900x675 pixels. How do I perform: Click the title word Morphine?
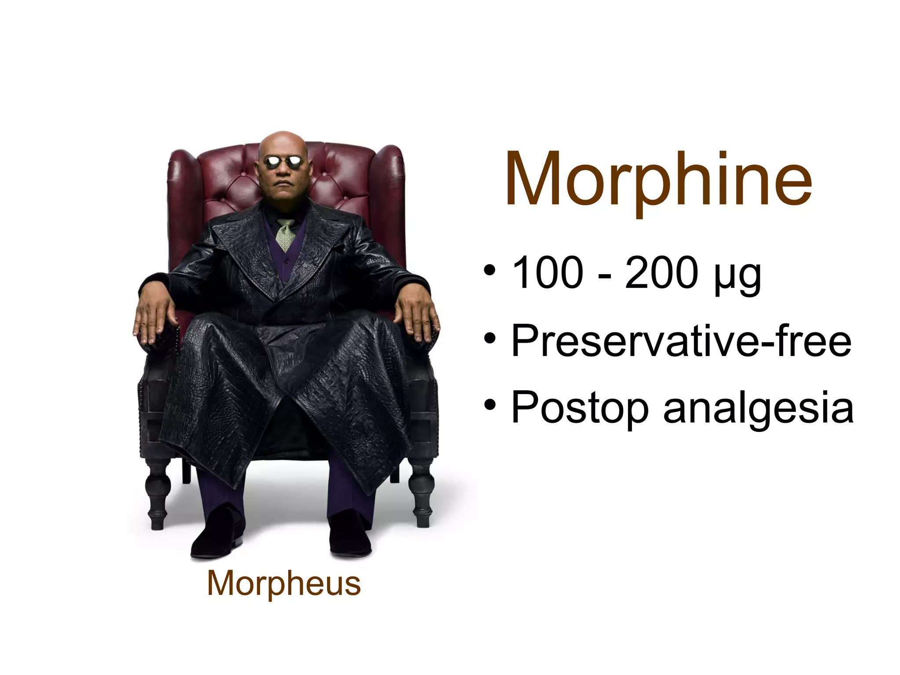(658, 180)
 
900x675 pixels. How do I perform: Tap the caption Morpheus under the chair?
(284, 584)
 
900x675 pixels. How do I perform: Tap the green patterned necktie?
(286, 233)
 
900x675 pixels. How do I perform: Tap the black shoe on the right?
(349, 538)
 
